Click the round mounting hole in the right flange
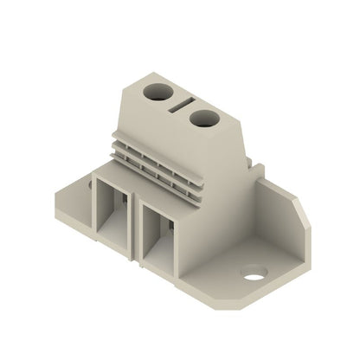(x=254, y=278)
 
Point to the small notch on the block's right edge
(x=252, y=161)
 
